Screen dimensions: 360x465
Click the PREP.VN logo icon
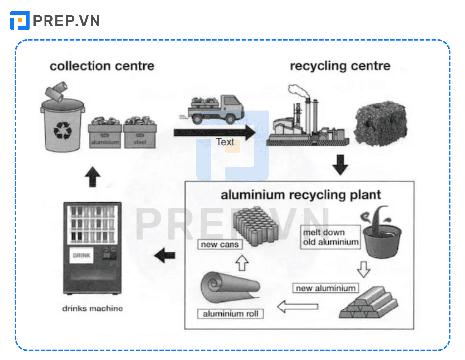coord(20,21)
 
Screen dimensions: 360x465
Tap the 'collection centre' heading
coord(102,66)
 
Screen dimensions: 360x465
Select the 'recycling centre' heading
coord(340,66)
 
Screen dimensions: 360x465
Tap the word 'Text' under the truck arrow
coord(225,142)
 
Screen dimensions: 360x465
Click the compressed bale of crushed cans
coord(380,121)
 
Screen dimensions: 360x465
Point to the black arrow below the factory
coord(340,165)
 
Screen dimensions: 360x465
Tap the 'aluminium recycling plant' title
coord(301,195)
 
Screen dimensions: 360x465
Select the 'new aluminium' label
coord(325,288)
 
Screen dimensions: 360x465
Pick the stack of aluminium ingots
coord(369,302)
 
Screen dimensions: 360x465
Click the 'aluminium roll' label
coord(231,314)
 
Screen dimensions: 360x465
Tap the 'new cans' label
coord(220,244)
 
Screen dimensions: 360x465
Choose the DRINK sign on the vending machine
coord(81,256)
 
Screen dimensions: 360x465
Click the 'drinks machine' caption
coord(93,309)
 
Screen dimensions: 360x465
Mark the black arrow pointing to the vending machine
coord(165,256)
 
